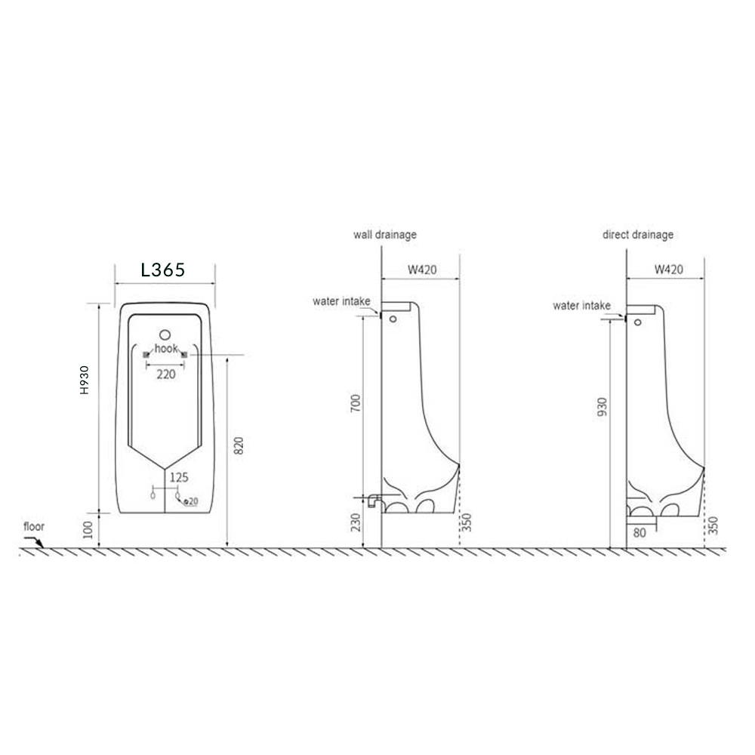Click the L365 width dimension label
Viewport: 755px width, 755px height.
coord(163,270)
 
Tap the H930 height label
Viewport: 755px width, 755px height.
coord(85,380)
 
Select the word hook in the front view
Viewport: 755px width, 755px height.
coord(166,348)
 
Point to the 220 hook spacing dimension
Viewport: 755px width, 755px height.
coord(166,374)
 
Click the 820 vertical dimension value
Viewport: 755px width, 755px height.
coord(239,445)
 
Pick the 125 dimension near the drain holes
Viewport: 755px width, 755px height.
coord(179,477)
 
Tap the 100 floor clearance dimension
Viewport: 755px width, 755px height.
coord(88,530)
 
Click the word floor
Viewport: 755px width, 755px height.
coord(34,526)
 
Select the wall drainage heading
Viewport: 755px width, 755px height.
coord(385,235)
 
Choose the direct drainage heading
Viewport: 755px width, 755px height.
coord(637,235)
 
